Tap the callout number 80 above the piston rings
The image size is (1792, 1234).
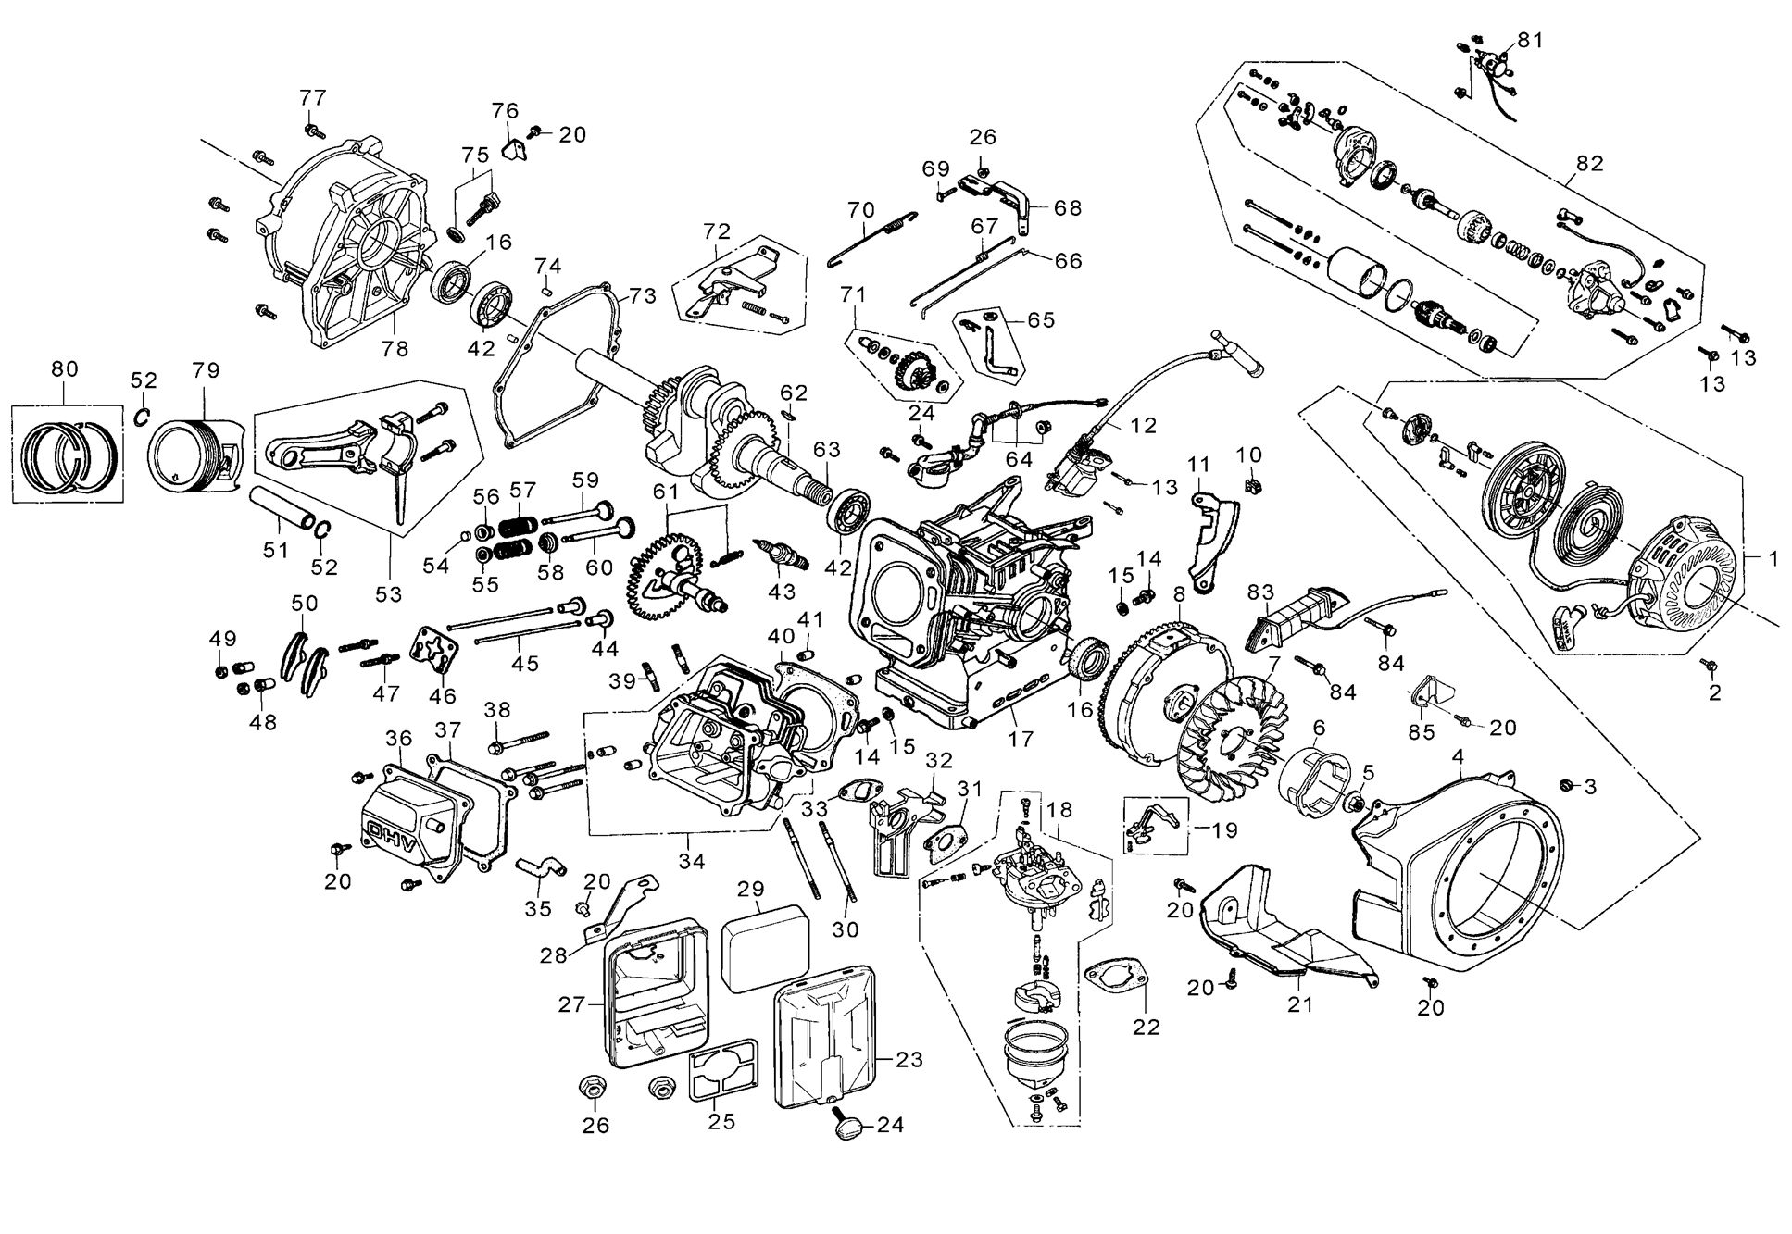tap(65, 369)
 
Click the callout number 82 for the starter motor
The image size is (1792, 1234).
tap(1589, 164)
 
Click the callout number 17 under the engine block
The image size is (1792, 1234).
tap(1021, 740)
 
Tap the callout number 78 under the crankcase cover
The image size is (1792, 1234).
tap(395, 348)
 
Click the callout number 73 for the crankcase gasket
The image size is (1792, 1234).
tap(642, 295)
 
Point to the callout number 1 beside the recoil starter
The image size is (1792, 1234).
tap(1773, 559)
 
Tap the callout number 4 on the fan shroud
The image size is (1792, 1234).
tap(1458, 757)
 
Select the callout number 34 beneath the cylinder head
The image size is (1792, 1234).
tap(692, 861)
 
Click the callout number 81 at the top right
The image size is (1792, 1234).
tap(1530, 40)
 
